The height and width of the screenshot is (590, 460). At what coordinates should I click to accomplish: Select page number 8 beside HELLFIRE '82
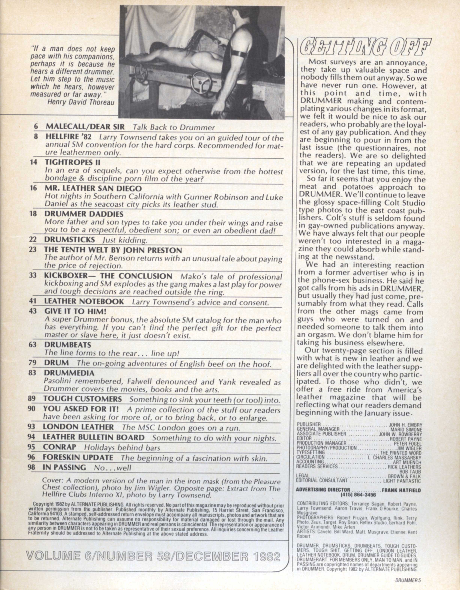(x=35, y=137)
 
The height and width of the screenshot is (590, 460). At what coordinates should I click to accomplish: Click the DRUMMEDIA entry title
(x=69, y=373)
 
